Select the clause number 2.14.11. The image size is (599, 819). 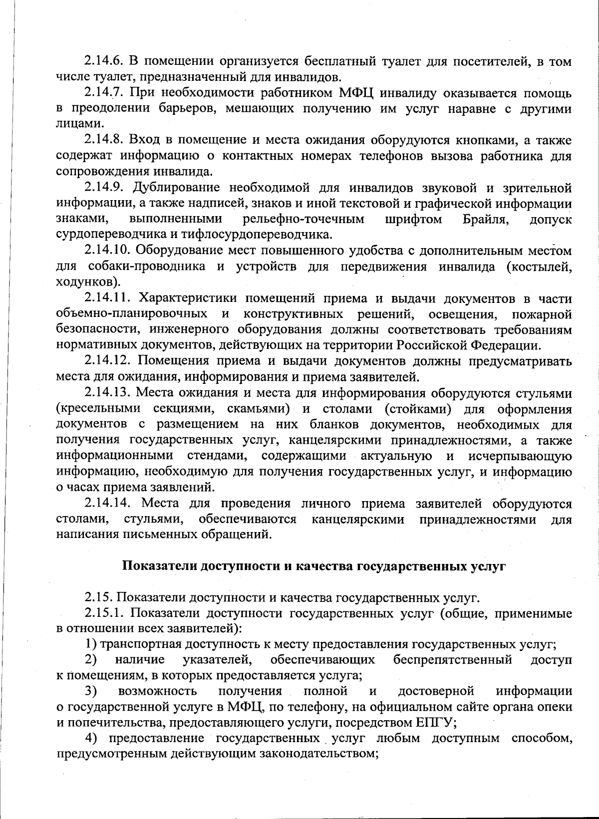(x=106, y=298)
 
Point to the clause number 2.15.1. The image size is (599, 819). (x=103, y=613)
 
